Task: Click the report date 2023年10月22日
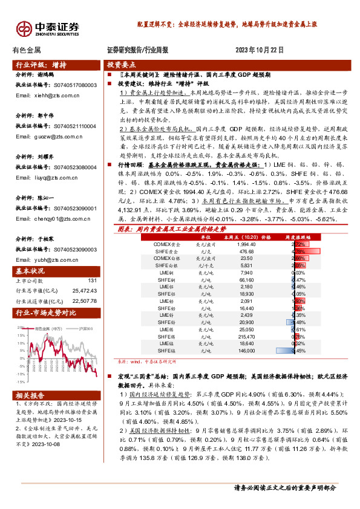click(x=259, y=50)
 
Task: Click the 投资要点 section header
click(x=122, y=65)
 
